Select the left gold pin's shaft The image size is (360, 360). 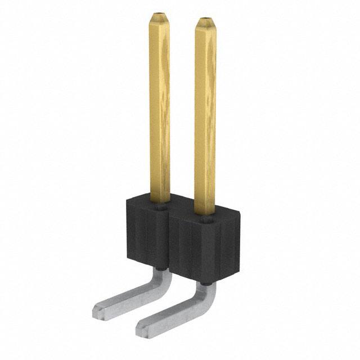point(160,112)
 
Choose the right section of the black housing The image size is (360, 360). point(205,247)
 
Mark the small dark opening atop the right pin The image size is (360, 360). point(205,19)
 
